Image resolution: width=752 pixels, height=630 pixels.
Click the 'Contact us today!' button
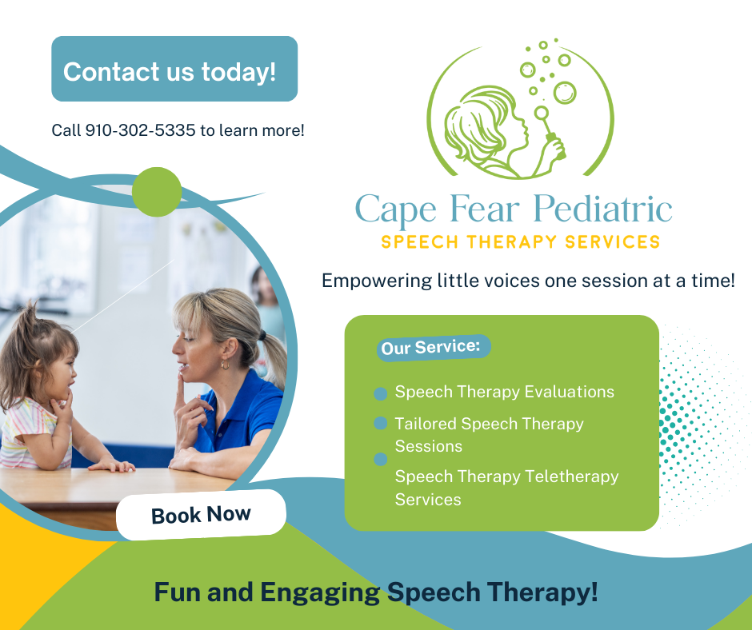174,70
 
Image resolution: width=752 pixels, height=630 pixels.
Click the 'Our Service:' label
430,348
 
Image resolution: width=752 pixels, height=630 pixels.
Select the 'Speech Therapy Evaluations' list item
504,392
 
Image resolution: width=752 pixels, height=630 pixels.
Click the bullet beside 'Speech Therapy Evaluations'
381,393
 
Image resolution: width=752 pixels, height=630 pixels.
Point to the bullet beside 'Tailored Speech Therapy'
381,423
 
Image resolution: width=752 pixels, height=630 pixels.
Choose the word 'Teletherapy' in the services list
573,476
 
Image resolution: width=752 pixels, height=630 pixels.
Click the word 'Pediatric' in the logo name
602,209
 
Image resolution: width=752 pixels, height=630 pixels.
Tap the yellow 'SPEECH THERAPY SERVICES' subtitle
520,241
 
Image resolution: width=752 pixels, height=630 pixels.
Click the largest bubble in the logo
564,93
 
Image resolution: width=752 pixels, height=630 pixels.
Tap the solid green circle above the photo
157,192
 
